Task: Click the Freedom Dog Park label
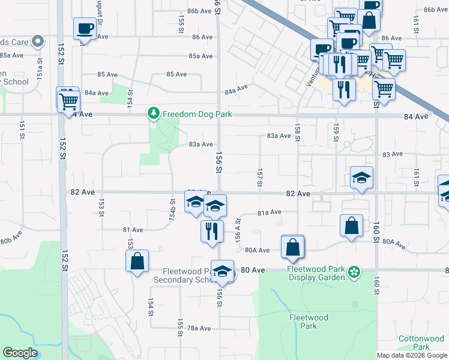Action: pos(197,113)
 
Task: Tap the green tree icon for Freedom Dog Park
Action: pos(154,113)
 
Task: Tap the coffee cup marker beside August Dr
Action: pos(84,28)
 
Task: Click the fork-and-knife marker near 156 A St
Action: pos(211,230)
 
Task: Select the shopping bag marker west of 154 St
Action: pos(137,262)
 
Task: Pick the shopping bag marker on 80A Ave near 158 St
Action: pos(292,247)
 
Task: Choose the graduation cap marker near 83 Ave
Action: pos(361,177)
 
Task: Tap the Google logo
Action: pos(20,353)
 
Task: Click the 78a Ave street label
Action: pos(199,328)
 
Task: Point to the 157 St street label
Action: pos(260,178)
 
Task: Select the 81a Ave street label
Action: pos(270,212)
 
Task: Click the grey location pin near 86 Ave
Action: pos(38,41)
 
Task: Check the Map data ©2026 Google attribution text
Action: pos(412,355)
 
